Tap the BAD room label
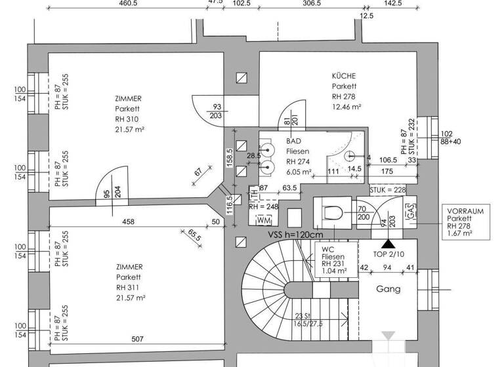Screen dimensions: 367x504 293,141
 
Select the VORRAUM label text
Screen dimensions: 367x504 465,212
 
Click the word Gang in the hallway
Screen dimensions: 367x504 388,289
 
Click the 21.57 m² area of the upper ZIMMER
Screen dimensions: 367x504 129,130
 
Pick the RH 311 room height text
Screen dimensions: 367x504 127,287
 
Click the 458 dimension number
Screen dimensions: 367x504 128,222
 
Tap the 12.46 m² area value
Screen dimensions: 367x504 346,106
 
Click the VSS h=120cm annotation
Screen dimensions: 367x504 295,235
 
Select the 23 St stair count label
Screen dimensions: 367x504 303,315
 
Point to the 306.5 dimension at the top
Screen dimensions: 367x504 311,3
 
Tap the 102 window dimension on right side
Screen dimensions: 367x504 448,133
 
